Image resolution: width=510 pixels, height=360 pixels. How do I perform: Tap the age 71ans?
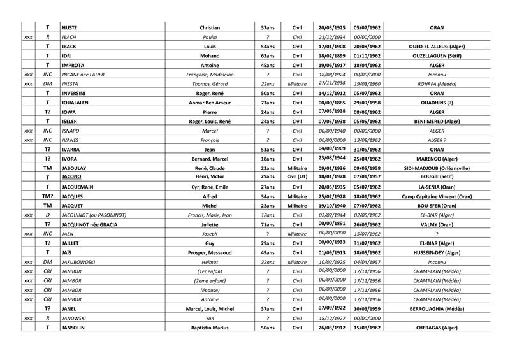click(x=268, y=224)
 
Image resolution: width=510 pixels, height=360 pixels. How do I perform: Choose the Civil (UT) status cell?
click(x=296, y=176)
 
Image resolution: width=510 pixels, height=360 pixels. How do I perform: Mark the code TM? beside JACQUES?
click(x=47, y=196)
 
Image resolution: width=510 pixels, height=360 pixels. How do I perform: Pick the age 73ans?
click(x=268, y=102)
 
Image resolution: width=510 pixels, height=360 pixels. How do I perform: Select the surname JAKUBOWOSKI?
click(x=84, y=261)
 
